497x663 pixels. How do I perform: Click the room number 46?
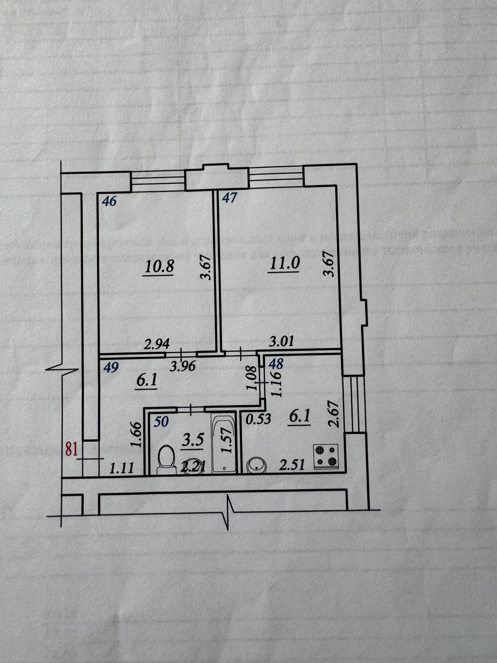click(x=109, y=201)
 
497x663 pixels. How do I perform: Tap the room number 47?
click(x=230, y=197)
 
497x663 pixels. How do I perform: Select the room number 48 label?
click(x=276, y=364)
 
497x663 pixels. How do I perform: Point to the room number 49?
click(x=111, y=367)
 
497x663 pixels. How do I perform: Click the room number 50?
click(x=161, y=422)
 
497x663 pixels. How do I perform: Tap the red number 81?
click(x=72, y=450)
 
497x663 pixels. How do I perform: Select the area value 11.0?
click(x=285, y=262)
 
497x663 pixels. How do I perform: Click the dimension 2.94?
click(x=157, y=344)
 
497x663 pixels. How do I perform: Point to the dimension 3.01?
click(x=281, y=341)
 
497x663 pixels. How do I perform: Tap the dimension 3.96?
click(x=183, y=366)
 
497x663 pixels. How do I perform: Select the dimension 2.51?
click(x=292, y=464)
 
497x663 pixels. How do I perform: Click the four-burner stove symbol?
click(x=326, y=456)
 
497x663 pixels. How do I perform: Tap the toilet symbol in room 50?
click(x=166, y=459)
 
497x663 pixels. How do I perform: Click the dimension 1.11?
click(x=122, y=468)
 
